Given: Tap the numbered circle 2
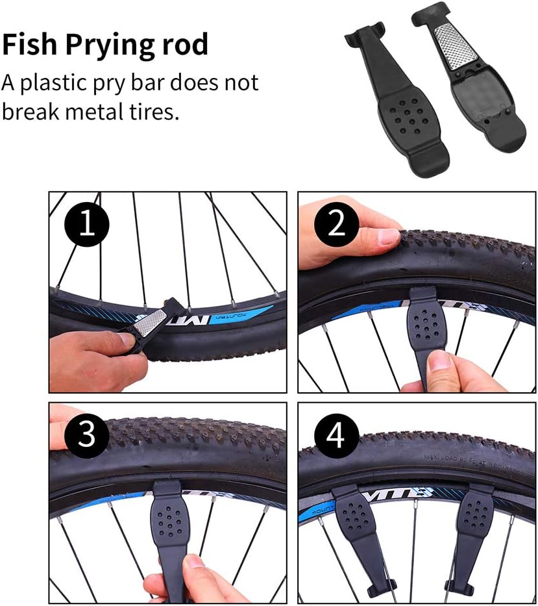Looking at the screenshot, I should (336, 225).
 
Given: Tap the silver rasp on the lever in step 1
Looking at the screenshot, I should (152, 324).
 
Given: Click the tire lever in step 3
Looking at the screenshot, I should (172, 526).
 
